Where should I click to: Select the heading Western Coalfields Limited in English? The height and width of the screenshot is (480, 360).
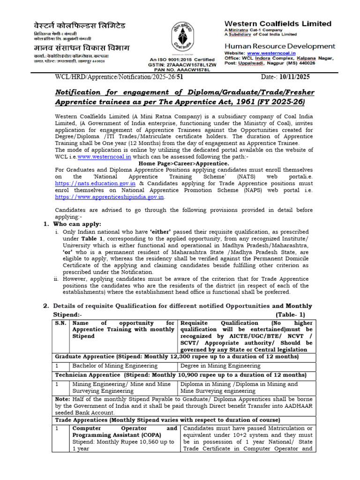[278, 24]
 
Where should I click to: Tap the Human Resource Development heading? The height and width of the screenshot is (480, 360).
[280, 46]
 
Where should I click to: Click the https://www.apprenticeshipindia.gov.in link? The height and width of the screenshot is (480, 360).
[110, 197]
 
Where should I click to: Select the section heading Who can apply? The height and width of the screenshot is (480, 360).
[75, 224]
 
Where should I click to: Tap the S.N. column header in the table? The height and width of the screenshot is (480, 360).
[60, 323]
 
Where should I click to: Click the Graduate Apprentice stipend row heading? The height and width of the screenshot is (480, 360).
[177, 357]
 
